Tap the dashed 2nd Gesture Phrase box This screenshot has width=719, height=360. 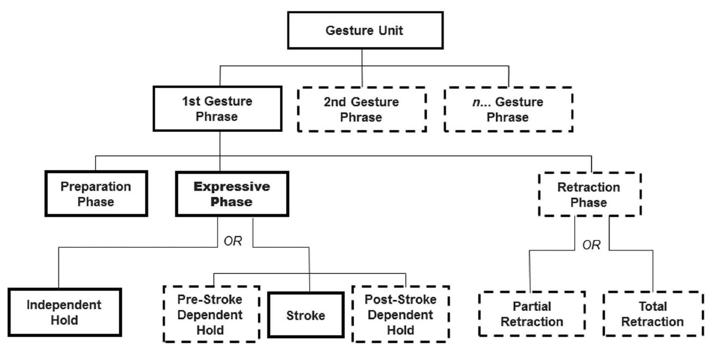[x=362, y=109]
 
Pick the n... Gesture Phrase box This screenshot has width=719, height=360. [x=508, y=109]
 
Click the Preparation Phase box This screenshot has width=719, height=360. [x=95, y=194]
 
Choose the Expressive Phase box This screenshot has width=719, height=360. [x=233, y=194]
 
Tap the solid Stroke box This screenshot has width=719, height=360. [x=306, y=315]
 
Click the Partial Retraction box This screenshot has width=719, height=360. [x=532, y=314]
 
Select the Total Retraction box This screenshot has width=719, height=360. [x=653, y=314]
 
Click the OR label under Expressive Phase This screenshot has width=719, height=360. [x=233, y=241]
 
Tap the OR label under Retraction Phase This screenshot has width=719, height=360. [x=591, y=245]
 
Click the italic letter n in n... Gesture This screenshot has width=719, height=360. [x=474, y=102]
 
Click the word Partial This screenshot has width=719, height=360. [x=532, y=307]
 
